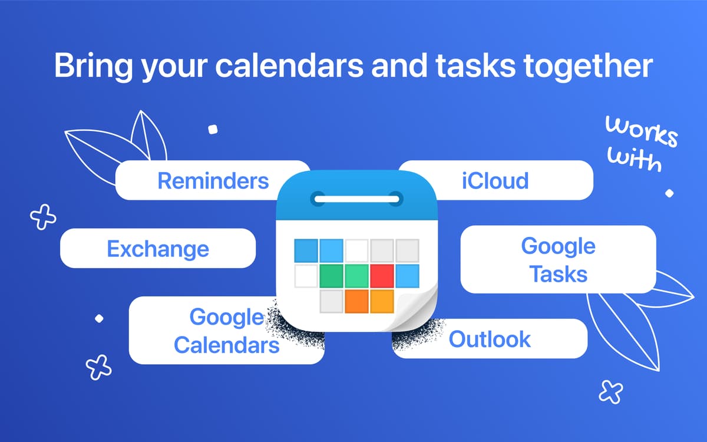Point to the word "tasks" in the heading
475,65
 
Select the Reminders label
213,181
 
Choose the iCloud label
495,180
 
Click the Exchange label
158,249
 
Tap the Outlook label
490,339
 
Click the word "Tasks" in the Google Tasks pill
559,274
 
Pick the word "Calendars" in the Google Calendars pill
227,345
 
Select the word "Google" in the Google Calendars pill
227,317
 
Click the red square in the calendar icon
382,276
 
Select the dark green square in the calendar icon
331,276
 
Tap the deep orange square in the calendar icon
356,302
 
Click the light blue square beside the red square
407,276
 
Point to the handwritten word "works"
642,131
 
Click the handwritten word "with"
635,160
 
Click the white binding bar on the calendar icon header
357,199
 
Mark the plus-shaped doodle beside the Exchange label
43,217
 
